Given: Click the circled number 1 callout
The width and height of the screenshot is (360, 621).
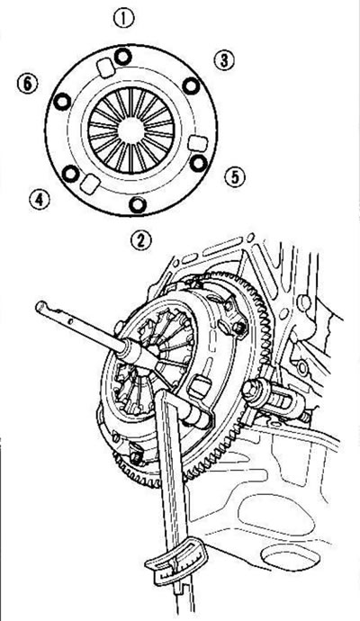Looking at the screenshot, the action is coord(124,19).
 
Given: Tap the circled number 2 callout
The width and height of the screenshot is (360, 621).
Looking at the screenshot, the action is coord(141,240).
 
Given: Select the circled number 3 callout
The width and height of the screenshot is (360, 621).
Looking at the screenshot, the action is coord(224,60).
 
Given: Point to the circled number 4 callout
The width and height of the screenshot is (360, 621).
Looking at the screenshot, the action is coord(40,199).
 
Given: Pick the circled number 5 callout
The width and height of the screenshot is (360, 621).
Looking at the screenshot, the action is coord(235,177).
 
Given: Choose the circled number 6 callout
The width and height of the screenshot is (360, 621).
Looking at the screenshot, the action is coord(28,84).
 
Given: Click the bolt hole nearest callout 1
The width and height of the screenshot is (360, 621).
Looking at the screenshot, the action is coord(122,57).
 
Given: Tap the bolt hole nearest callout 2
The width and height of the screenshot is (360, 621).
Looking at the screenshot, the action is coord(138,204).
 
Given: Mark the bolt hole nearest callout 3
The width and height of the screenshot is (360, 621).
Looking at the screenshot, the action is coord(191,85).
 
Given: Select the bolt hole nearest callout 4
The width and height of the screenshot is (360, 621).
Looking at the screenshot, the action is coord(71,174).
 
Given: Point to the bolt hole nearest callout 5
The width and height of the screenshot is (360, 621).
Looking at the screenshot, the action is coord(198,163).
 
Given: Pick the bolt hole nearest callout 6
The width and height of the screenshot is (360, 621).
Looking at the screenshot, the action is coord(62,102).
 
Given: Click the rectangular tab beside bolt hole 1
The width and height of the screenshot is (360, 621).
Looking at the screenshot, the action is coord(106,67).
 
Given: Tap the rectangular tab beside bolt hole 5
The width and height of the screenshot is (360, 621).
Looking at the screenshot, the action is coord(195,143).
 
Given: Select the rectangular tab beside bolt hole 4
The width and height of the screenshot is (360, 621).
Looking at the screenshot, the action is coord(90,184).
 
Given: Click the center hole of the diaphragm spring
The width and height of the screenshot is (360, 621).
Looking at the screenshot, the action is coord(130,130).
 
